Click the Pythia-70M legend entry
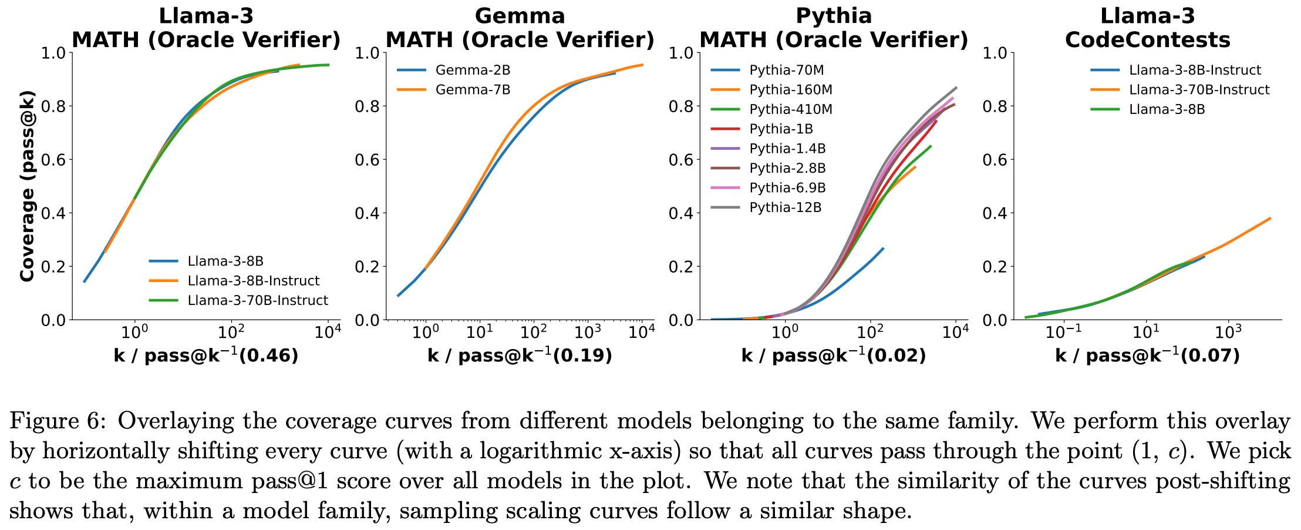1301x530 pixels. click(786, 71)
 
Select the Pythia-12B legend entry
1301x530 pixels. click(785, 207)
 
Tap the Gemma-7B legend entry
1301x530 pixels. click(473, 90)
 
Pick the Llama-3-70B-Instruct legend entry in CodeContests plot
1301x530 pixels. click(1199, 90)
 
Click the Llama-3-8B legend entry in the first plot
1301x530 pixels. click(225, 261)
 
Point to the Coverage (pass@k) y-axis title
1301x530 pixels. click(27, 186)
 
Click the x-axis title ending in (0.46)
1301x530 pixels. click(205, 355)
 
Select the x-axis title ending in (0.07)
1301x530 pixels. click(1147, 355)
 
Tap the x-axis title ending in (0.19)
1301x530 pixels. click(520, 355)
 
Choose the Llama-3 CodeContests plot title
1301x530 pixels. click(1147, 28)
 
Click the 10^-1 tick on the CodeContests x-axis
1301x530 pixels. click(1064, 333)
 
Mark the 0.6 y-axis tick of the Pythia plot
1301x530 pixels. click(680, 160)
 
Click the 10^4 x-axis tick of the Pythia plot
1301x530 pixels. click(955, 333)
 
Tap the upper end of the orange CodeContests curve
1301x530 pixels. click(1270, 219)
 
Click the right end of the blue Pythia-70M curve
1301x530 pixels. click(883, 249)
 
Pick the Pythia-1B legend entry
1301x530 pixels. click(781, 129)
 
